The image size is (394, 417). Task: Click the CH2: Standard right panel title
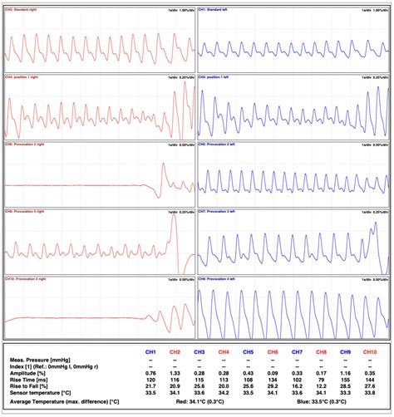tap(24, 10)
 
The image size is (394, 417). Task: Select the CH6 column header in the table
tap(272, 352)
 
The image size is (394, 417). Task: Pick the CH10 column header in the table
tap(368, 352)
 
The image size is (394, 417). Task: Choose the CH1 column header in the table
tap(150, 352)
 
